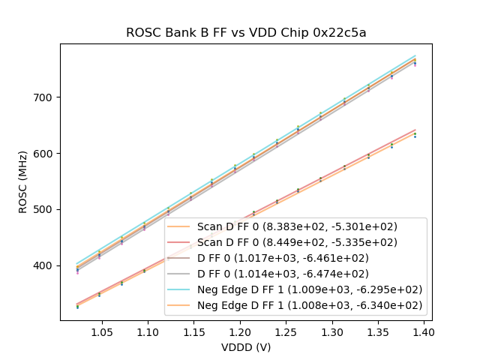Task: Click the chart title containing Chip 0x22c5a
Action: [x=246, y=32]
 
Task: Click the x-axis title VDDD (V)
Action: [x=246, y=347]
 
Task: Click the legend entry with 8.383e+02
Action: [x=297, y=226]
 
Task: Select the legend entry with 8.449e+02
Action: [x=297, y=242]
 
